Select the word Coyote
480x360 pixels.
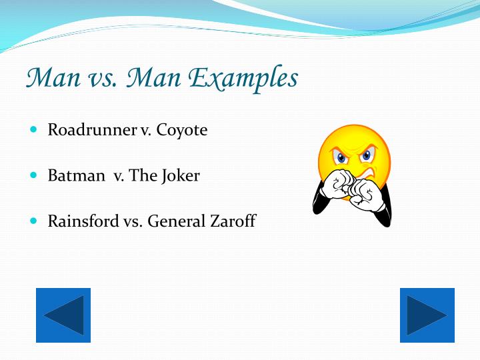pos(182,130)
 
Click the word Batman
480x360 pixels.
pos(76,176)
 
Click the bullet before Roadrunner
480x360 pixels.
pos(35,130)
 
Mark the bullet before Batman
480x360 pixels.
pos(35,176)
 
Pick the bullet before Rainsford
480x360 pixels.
pos(35,221)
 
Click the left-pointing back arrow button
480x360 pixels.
pos(63,315)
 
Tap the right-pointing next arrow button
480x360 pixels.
pos(427,315)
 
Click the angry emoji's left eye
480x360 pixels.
pos(342,159)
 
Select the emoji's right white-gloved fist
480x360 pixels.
pos(364,194)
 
